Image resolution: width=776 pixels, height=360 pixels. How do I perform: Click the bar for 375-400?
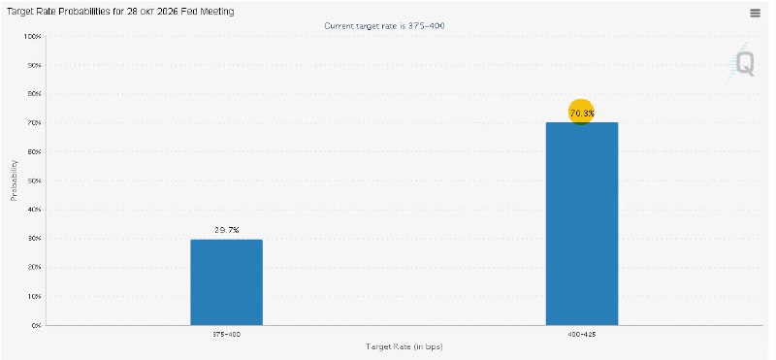coord(227,282)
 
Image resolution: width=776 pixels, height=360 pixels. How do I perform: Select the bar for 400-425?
coord(582,224)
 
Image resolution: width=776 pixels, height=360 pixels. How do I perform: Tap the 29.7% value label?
coord(227,230)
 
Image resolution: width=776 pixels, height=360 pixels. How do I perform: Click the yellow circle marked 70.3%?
coord(581,113)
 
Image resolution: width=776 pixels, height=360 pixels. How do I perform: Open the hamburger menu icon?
coord(755,14)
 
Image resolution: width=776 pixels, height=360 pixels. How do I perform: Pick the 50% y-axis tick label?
coord(34,180)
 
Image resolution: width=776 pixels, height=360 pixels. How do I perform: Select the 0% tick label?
coord(36,325)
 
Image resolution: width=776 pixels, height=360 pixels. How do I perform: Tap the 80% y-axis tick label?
coord(34,93)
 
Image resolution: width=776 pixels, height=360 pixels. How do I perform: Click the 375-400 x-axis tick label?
coord(227,335)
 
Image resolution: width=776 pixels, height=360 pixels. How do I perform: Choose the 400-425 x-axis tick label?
coord(582,335)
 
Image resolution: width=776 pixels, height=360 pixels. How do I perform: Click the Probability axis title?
coord(14,180)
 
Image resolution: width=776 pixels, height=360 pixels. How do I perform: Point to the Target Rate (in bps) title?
coord(404,346)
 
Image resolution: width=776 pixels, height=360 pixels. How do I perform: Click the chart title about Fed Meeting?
coord(120,12)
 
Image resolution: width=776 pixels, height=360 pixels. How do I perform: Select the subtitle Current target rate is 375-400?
coord(384,26)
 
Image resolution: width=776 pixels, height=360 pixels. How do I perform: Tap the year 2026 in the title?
coord(168,12)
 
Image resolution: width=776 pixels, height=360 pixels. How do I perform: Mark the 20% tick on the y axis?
coord(34,268)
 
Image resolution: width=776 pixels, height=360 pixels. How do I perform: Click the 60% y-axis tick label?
coord(34,151)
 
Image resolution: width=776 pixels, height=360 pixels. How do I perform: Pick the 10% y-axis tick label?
coord(34,297)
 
